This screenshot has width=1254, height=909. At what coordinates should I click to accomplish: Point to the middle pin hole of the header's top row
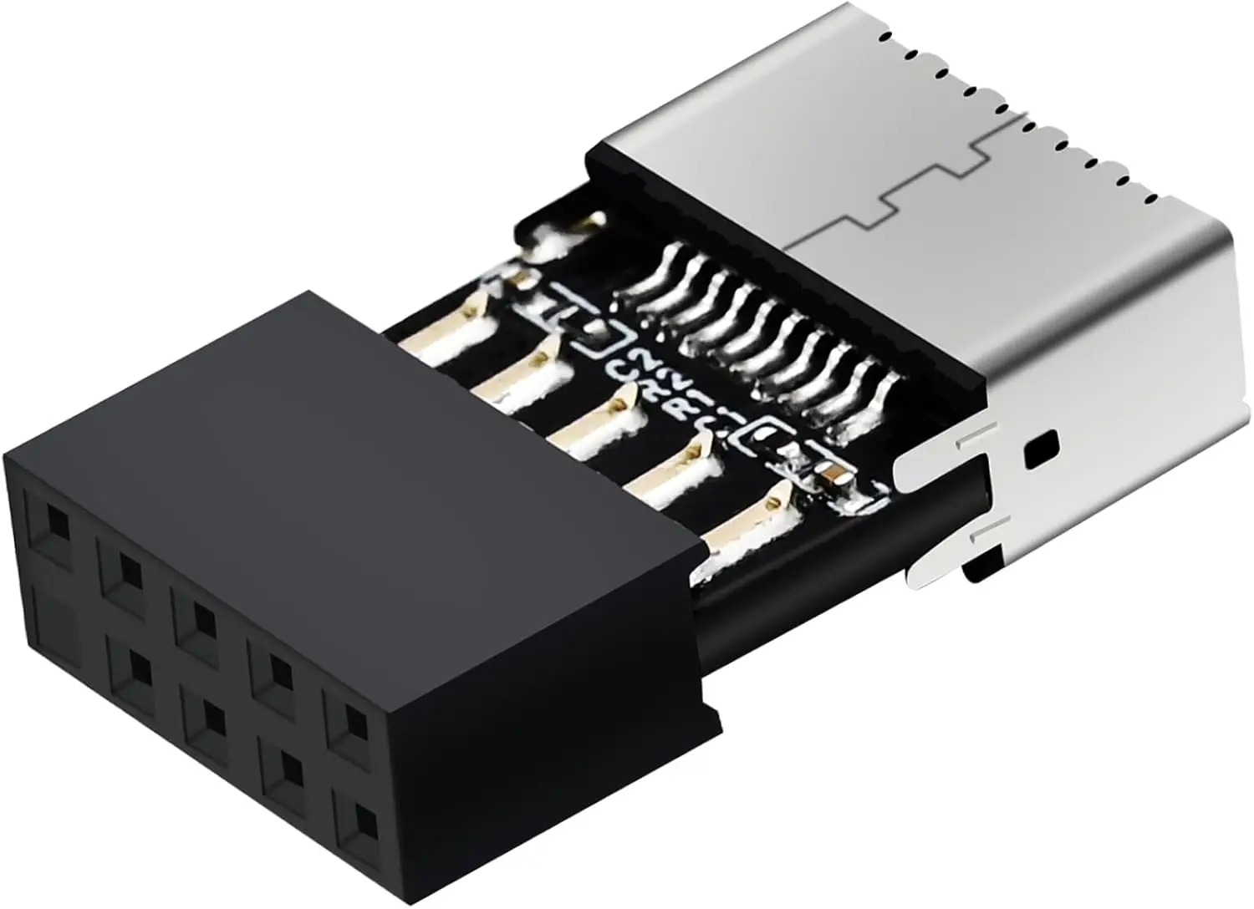198,619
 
